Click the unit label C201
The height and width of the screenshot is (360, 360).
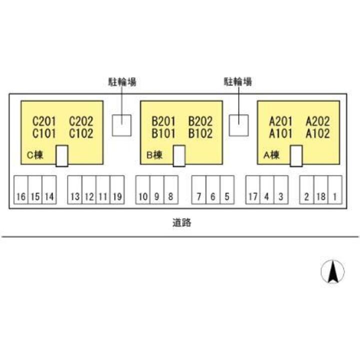[44, 121]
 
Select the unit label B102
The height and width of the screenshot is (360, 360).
[200, 133]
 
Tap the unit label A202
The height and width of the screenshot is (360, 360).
[317, 121]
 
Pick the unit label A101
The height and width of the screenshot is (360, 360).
[281, 133]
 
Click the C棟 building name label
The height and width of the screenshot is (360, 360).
[35, 155]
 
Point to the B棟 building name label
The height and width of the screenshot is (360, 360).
[154, 155]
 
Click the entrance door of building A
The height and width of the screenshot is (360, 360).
[296, 156]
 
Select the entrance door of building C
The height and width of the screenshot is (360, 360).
[61, 156]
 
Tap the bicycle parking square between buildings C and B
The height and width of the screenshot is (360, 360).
[121, 125]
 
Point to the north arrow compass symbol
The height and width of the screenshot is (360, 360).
[332, 272]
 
